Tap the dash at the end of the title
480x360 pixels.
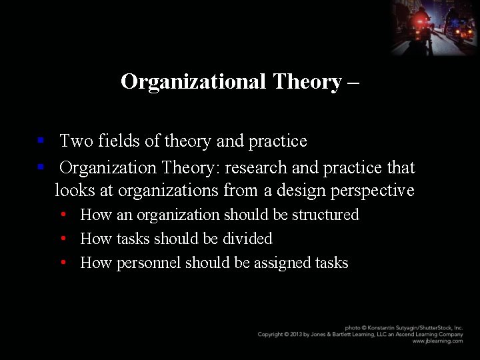pos(353,83)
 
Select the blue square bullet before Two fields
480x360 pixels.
pos(41,141)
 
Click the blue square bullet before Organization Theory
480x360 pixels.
pos(41,167)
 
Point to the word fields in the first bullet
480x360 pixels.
pos(119,141)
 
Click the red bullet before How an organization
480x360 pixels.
pos(62,215)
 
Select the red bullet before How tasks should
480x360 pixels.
pos(62,239)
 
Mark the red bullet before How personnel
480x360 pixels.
pos(62,263)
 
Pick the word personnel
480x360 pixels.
pos(149,263)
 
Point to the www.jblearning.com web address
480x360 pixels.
pos(437,341)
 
